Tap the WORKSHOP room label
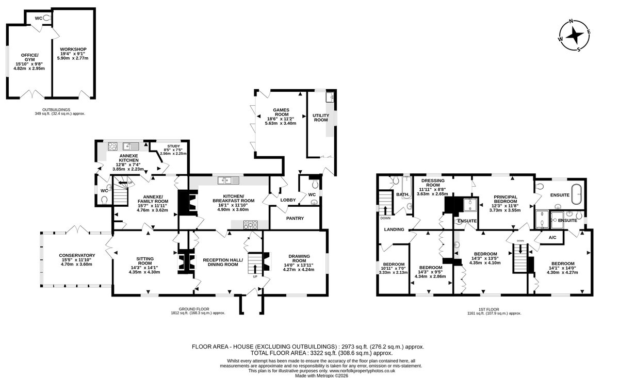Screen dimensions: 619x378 click(73, 49)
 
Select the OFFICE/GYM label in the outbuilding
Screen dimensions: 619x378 click(29, 57)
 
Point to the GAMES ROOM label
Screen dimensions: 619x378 click(281, 112)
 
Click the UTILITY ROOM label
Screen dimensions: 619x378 click(321, 118)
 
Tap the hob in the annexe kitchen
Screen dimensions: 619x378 click(112, 146)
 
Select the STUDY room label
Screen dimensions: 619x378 click(173, 146)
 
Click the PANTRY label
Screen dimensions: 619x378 click(295, 218)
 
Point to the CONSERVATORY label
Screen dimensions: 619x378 click(77, 255)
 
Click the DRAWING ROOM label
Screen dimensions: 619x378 click(299, 258)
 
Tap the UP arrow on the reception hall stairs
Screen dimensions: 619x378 click(255, 269)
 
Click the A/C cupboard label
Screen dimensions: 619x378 click(552, 237)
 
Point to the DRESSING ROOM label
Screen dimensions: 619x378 click(433, 183)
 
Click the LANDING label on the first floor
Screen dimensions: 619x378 click(394, 229)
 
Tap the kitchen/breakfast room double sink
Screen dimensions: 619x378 click(228, 180)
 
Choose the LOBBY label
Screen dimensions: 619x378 click(288, 200)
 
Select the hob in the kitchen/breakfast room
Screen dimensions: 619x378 click(250, 225)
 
